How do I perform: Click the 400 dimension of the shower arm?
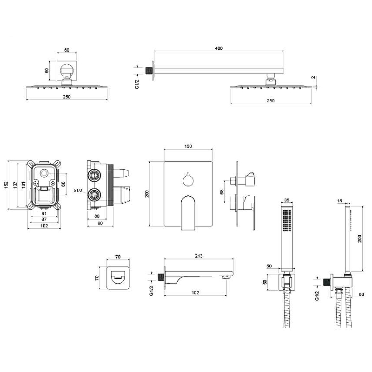point(219,48)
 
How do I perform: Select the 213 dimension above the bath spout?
point(199,256)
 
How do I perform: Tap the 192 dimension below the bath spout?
point(195,293)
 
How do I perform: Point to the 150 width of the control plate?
point(188,146)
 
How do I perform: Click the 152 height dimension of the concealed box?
point(6,185)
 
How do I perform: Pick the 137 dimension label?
point(15,185)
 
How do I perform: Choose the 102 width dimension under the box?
point(44,226)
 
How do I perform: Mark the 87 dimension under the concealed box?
point(44,219)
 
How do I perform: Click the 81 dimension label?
point(44,213)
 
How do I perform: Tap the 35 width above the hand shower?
point(286,200)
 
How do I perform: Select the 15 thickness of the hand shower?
point(340,201)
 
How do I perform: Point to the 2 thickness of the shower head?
point(313,77)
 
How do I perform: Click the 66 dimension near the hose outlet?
point(361,294)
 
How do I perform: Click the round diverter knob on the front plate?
point(188,180)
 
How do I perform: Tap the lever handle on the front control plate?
point(188,213)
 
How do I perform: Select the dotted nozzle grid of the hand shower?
point(287,220)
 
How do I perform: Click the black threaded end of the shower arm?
point(149,71)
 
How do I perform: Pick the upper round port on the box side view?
point(94,175)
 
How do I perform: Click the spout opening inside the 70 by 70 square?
point(118,277)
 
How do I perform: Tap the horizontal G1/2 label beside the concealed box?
point(78,190)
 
